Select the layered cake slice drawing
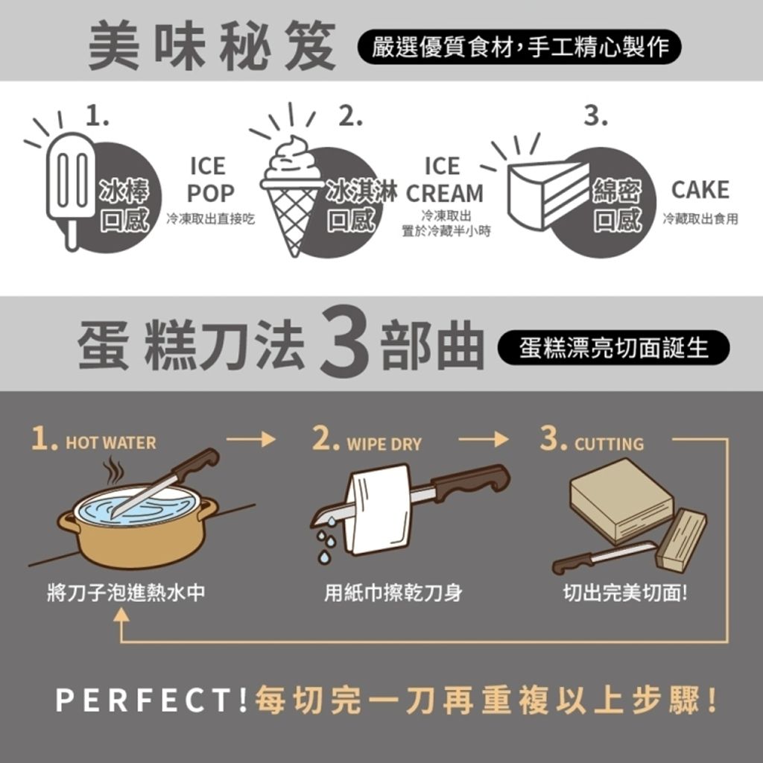[x=548, y=194]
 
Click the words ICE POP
[x=210, y=180]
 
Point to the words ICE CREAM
[x=444, y=180]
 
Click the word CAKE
[x=700, y=190]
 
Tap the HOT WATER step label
[x=111, y=443]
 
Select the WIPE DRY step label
[x=384, y=444]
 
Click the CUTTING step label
[x=609, y=444]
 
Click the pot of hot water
[x=138, y=525]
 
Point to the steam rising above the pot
[x=114, y=469]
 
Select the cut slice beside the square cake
[x=681, y=539]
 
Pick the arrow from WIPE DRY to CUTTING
[x=483, y=439]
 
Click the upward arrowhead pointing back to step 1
[x=121, y=615]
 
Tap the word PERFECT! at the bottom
[x=151, y=700]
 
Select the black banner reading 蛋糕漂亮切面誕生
[x=613, y=347]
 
